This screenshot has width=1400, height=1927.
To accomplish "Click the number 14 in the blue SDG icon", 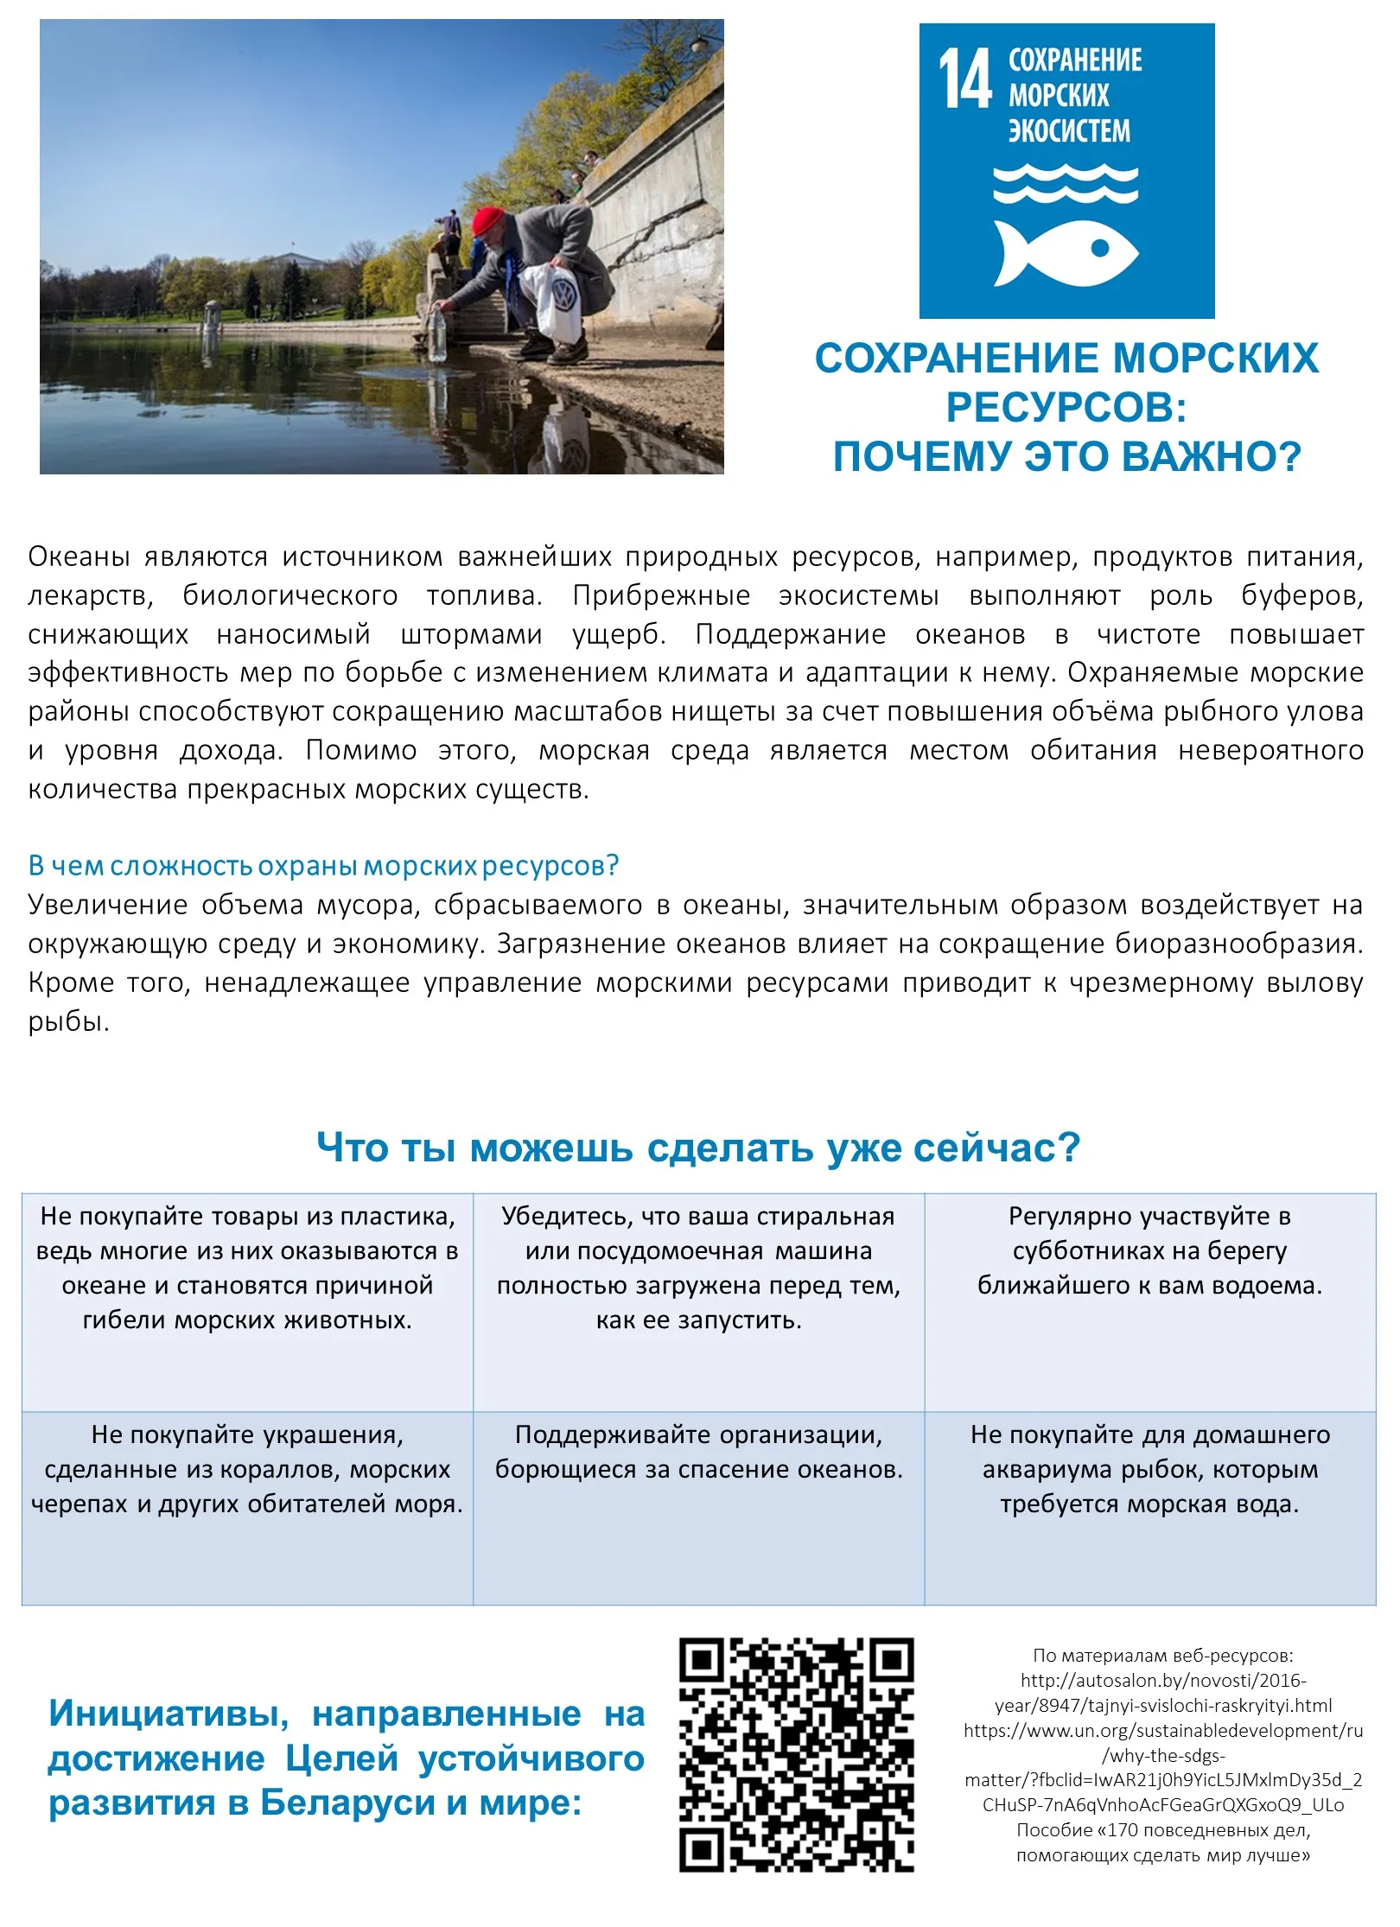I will (964, 79).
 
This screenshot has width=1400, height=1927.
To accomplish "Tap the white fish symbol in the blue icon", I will (1065, 251).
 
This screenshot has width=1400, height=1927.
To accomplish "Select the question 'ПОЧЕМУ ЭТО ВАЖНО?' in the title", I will (1066, 456).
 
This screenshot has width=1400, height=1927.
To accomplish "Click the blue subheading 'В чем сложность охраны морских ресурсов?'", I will (323, 865).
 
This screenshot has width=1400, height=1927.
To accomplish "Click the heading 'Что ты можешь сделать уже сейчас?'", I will (698, 1148).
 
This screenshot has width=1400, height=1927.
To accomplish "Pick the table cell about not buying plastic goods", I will (247, 1268).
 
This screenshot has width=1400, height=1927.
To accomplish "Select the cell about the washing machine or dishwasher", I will (698, 1268).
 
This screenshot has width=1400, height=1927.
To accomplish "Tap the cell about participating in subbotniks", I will (1149, 1251).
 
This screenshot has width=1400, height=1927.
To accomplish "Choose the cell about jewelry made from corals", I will (247, 1469).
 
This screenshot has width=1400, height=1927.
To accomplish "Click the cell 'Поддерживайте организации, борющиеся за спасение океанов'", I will (698, 1452).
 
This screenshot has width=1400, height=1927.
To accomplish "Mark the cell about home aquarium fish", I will (1149, 1469).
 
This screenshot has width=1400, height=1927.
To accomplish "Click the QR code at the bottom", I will (796, 1753).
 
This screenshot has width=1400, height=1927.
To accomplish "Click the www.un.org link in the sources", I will (1163, 1731).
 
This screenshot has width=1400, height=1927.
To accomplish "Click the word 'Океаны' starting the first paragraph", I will (79, 557).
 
